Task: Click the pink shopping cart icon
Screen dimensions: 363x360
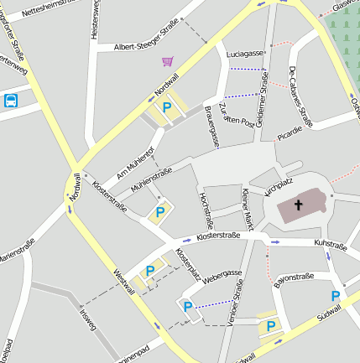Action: tap(168, 61)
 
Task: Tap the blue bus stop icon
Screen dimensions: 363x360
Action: tap(11, 101)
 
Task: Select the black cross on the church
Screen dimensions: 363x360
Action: tap(299, 205)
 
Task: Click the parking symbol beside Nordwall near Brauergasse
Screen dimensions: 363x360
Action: tap(167, 107)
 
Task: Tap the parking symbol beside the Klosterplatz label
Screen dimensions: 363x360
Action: tap(150, 271)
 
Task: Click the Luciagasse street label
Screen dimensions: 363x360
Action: tap(245, 54)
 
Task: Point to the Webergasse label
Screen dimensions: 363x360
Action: tap(222, 274)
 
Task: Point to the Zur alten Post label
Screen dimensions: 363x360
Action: tap(237, 117)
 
